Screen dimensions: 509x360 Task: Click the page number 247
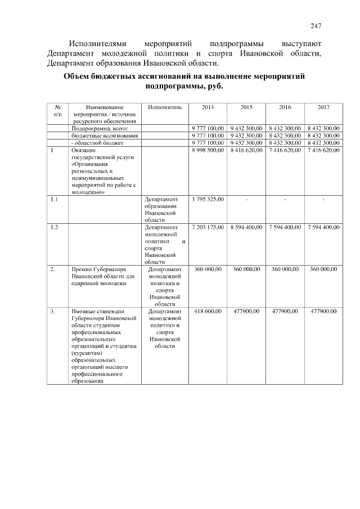(316, 26)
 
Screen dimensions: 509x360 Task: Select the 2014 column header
(208, 107)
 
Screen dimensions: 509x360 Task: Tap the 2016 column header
(285, 107)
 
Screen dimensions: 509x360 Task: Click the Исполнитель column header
(165, 107)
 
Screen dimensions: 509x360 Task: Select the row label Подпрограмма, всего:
(97, 129)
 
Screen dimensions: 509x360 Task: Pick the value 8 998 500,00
(208, 151)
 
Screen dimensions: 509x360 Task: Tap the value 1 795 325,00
(208, 199)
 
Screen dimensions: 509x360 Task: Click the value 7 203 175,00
(208, 227)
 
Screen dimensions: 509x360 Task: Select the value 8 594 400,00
(246, 227)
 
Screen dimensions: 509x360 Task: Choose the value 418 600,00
(208, 311)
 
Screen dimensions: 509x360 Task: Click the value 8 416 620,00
(246, 151)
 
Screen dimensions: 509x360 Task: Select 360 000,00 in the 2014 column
(208, 269)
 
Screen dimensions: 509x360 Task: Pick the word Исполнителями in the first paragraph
(96, 43)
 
